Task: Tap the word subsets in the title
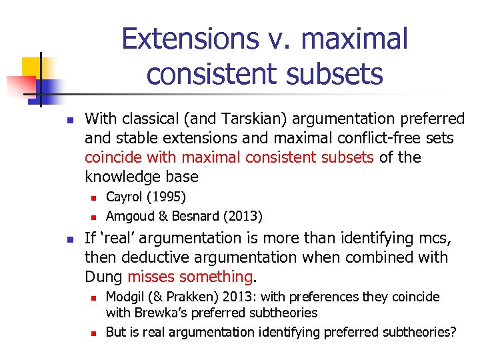click(x=341, y=73)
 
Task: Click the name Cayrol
click(x=127, y=197)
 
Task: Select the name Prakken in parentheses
click(x=185, y=297)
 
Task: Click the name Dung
click(x=103, y=277)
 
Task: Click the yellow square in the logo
click(x=33, y=67)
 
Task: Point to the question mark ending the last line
click(x=453, y=331)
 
